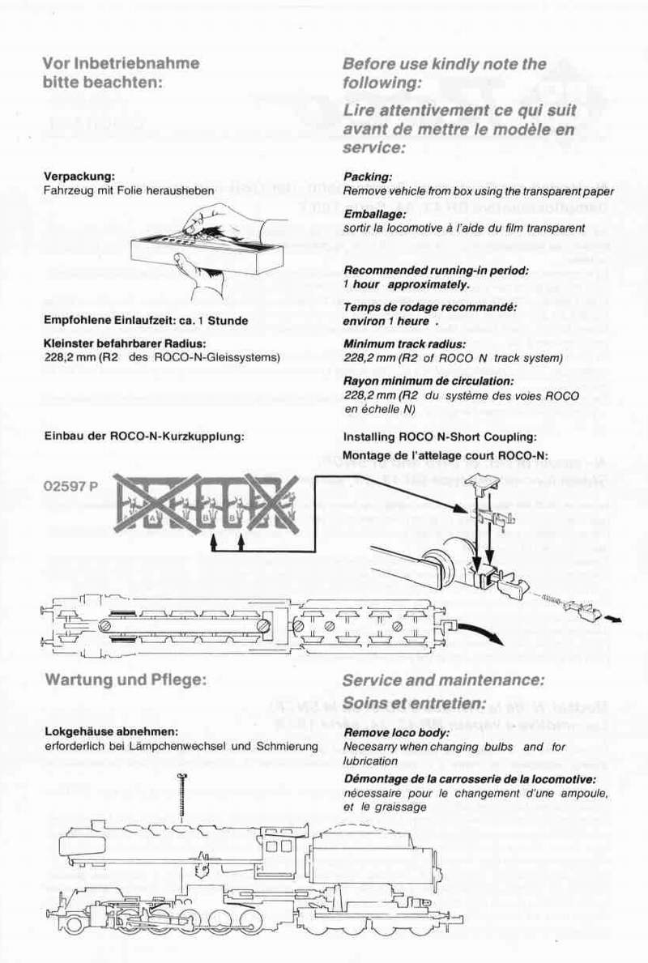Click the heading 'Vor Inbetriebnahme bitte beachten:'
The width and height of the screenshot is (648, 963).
pyautogui.click(x=121, y=72)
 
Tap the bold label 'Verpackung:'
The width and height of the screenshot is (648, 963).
pyautogui.click(x=79, y=176)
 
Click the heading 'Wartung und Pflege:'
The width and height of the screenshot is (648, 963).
pyautogui.click(x=126, y=679)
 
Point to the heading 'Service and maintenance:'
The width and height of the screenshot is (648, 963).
pyautogui.click(x=443, y=680)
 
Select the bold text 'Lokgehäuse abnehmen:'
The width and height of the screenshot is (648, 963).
pyautogui.click(x=111, y=732)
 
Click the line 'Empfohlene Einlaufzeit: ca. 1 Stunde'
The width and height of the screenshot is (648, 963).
pyautogui.click(x=146, y=320)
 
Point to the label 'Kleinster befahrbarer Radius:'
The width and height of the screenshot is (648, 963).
pyautogui.click(x=126, y=343)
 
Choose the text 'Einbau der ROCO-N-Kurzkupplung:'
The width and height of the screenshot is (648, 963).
pyautogui.click(x=144, y=437)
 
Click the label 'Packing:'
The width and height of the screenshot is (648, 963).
pyautogui.click(x=368, y=177)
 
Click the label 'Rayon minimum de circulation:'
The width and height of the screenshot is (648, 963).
pyautogui.click(x=428, y=381)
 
